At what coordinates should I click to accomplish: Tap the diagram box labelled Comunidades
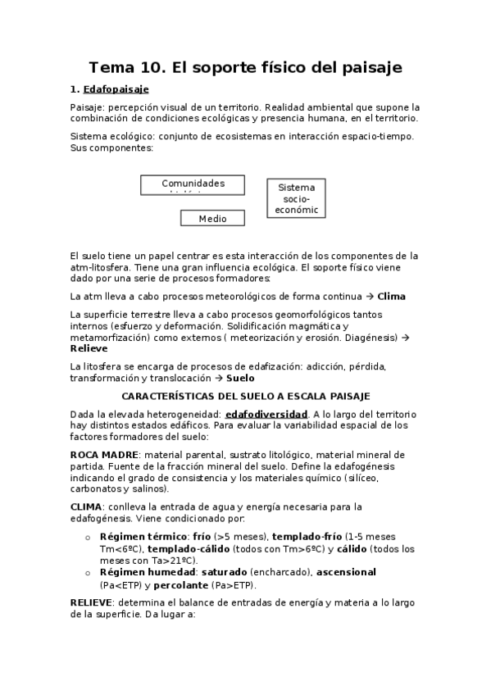pyautogui.click(x=193, y=184)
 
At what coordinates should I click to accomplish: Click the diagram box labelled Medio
pyautogui.click(x=213, y=218)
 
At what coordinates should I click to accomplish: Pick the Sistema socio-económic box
pyautogui.click(x=296, y=198)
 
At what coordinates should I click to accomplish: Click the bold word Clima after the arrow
pyautogui.click(x=391, y=296)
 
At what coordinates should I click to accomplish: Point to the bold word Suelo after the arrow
pyautogui.click(x=240, y=378)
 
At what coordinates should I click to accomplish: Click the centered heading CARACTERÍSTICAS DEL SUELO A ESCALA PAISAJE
pyautogui.click(x=245, y=396)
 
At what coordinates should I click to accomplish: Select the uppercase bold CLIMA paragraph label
pyautogui.click(x=86, y=506)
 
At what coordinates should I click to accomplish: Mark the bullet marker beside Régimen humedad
pyautogui.click(x=88, y=572)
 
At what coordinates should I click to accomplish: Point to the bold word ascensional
pyautogui.click(x=346, y=572)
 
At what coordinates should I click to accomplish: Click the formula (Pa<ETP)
pyautogui.click(x=120, y=585)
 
